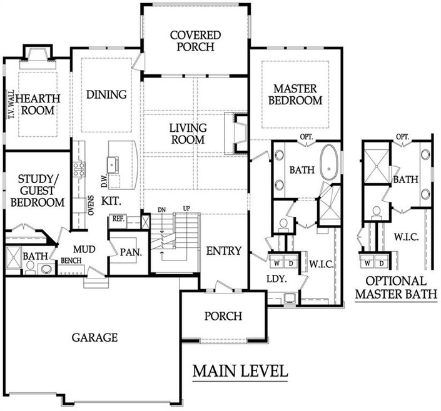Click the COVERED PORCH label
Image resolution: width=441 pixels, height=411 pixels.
point(195,41)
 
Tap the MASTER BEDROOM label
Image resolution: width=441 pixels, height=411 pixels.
point(295,95)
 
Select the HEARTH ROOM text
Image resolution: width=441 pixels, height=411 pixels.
point(38,104)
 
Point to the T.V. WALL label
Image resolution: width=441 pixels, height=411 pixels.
point(11,104)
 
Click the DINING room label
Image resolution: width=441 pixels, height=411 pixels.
point(106,95)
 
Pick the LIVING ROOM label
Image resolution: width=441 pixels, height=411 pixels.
point(188,134)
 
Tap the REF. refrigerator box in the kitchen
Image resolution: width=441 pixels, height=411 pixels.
point(118,219)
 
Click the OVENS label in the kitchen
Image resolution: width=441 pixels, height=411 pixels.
point(91,205)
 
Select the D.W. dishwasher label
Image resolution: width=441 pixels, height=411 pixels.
point(104,181)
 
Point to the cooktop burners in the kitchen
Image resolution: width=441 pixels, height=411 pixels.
point(79,169)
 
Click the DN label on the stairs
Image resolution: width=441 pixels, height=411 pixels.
point(162,210)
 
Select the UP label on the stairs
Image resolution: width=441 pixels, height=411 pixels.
point(186,209)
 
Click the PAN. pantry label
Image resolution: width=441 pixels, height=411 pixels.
point(131,252)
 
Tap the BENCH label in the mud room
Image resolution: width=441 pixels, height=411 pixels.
point(71,261)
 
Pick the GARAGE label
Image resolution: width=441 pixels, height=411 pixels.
point(94,337)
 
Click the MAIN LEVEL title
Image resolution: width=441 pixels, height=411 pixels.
point(240,371)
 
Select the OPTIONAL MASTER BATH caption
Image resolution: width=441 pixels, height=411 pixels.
point(396,287)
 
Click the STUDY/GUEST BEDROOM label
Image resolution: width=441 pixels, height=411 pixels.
point(38,191)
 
